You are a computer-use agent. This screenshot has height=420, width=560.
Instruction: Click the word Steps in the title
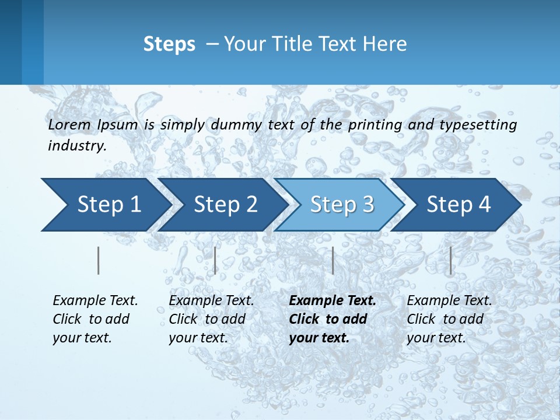point(169,44)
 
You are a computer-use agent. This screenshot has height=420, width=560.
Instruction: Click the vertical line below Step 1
point(99,260)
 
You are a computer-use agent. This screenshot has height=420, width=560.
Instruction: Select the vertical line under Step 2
point(215,260)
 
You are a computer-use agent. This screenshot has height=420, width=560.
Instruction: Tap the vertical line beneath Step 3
point(332,260)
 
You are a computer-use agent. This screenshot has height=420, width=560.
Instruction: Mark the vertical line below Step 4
point(450,260)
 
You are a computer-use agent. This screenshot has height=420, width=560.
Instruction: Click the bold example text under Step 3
point(332,319)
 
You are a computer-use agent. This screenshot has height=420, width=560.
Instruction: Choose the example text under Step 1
point(95,319)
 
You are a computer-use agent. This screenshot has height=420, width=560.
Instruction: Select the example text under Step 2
point(211,319)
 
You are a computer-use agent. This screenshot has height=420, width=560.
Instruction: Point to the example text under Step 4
point(449,319)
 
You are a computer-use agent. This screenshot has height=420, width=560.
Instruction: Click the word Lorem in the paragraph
point(69,124)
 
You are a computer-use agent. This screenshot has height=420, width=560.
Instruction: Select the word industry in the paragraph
point(76,146)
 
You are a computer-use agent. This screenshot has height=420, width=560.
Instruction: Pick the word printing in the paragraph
point(375,125)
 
